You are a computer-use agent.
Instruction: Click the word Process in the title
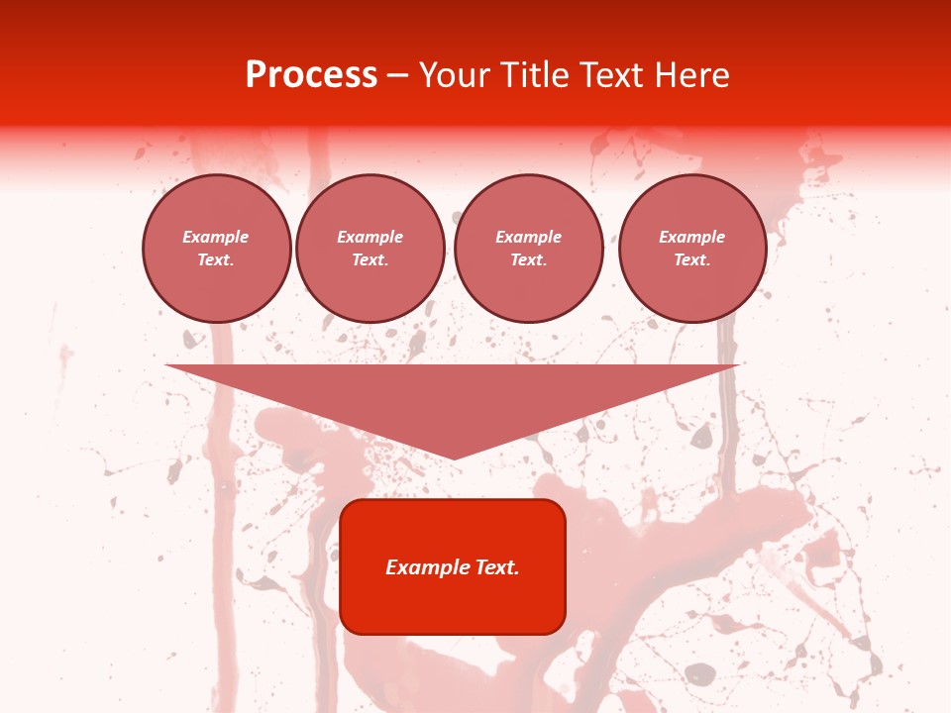[311, 75]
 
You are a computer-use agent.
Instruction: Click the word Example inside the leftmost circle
[216, 237]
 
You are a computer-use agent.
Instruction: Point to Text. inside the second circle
[370, 259]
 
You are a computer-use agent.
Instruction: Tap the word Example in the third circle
[528, 237]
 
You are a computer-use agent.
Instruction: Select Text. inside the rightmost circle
[691, 259]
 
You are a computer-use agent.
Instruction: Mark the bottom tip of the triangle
[453, 457]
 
